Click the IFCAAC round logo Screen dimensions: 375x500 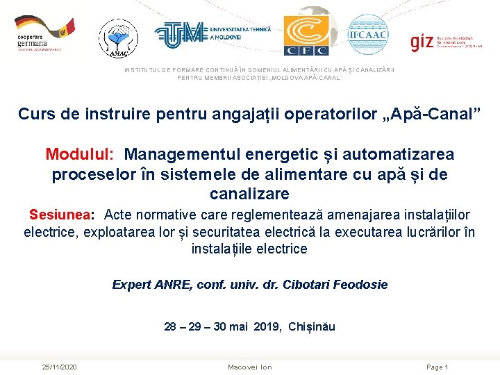(x=368, y=34)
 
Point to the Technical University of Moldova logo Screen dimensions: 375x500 (x=212, y=33)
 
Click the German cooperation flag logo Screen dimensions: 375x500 (x=44, y=34)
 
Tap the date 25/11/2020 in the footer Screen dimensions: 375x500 (x=59, y=367)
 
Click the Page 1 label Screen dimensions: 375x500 (x=437, y=367)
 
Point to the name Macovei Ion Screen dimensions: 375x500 (x=250, y=367)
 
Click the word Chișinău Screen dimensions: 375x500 (x=311, y=326)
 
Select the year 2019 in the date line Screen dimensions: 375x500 (x=268, y=326)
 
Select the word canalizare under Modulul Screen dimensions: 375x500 (x=249, y=194)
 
